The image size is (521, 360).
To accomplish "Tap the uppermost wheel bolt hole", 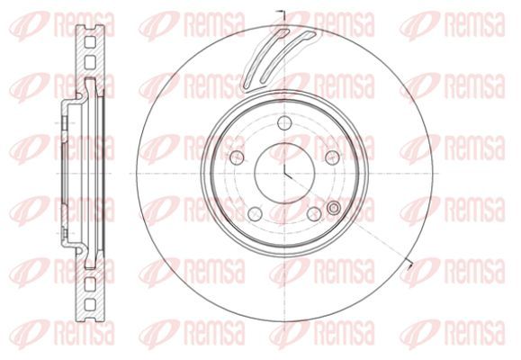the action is (x=284, y=123).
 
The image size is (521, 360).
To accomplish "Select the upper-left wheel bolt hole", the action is (x=238, y=157).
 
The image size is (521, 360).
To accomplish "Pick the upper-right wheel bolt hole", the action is (x=333, y=157).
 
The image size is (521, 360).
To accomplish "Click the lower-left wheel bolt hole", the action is (x=256, y=213).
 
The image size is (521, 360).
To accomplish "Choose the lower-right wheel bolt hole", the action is (x=314, y=213).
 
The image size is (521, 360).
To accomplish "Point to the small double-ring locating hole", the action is (x=334, y=208).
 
